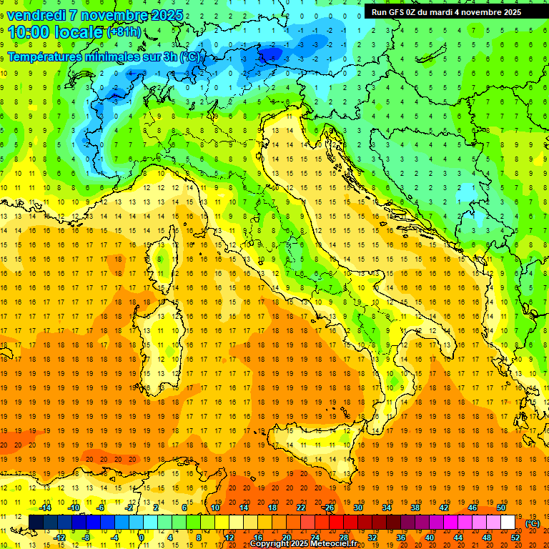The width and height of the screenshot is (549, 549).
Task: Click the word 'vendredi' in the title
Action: [36, 15]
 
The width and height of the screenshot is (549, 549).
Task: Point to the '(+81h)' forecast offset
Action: [124, 32]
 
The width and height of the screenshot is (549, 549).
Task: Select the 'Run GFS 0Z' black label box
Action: [446, 11]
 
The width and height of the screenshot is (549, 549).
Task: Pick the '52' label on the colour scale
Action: [515, 538]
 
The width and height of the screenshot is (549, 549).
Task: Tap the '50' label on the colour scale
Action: [501, 508]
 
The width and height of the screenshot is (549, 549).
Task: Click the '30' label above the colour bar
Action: [358, 508]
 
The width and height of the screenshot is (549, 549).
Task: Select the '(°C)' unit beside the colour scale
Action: [533, 523]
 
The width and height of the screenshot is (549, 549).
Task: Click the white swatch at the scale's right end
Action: [508, 523]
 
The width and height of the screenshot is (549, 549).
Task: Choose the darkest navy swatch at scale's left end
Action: [36, 523]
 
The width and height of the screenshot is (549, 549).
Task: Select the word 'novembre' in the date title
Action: [118, 15]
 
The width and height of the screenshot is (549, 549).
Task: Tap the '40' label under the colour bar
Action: [430, 538]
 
